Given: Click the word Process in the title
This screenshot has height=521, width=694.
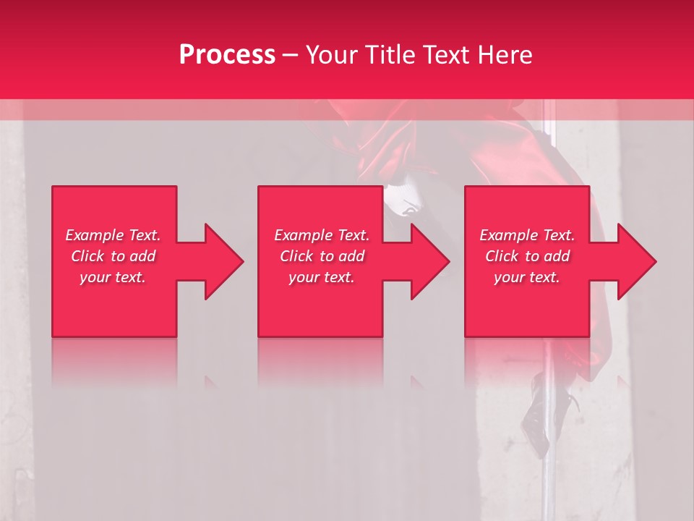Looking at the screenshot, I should (227, 55).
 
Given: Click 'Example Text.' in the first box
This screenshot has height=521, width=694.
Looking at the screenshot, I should (113, 235).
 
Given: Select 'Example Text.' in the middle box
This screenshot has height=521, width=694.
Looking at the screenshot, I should (321, 235).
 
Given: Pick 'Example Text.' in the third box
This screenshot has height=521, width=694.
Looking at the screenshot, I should (527, 235).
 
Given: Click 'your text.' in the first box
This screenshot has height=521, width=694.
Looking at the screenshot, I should (113, 277).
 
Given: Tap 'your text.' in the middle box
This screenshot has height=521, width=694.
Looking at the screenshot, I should (321, 277).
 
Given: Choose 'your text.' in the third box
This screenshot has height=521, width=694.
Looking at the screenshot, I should (527, 277).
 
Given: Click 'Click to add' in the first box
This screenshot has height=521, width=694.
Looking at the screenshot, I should (113, 256).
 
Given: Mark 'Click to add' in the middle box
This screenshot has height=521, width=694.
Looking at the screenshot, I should (321, 256).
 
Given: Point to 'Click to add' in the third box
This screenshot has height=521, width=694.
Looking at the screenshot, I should (527, 256).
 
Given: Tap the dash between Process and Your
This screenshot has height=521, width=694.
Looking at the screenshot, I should (291, 55).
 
